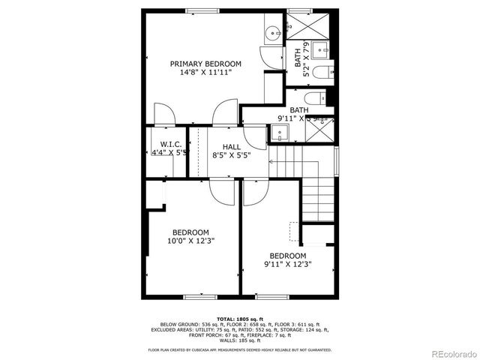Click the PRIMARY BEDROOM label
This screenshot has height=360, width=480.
tap(205, 64)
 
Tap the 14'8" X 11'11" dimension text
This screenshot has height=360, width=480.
tap(205, 73)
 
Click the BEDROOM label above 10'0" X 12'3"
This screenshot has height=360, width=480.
tap(190, 232)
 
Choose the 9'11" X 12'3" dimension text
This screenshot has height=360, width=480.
tap(287, 264)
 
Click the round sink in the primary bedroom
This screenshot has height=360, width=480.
tap(272, 33)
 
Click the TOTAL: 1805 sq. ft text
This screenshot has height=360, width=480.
tap(239, 319)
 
